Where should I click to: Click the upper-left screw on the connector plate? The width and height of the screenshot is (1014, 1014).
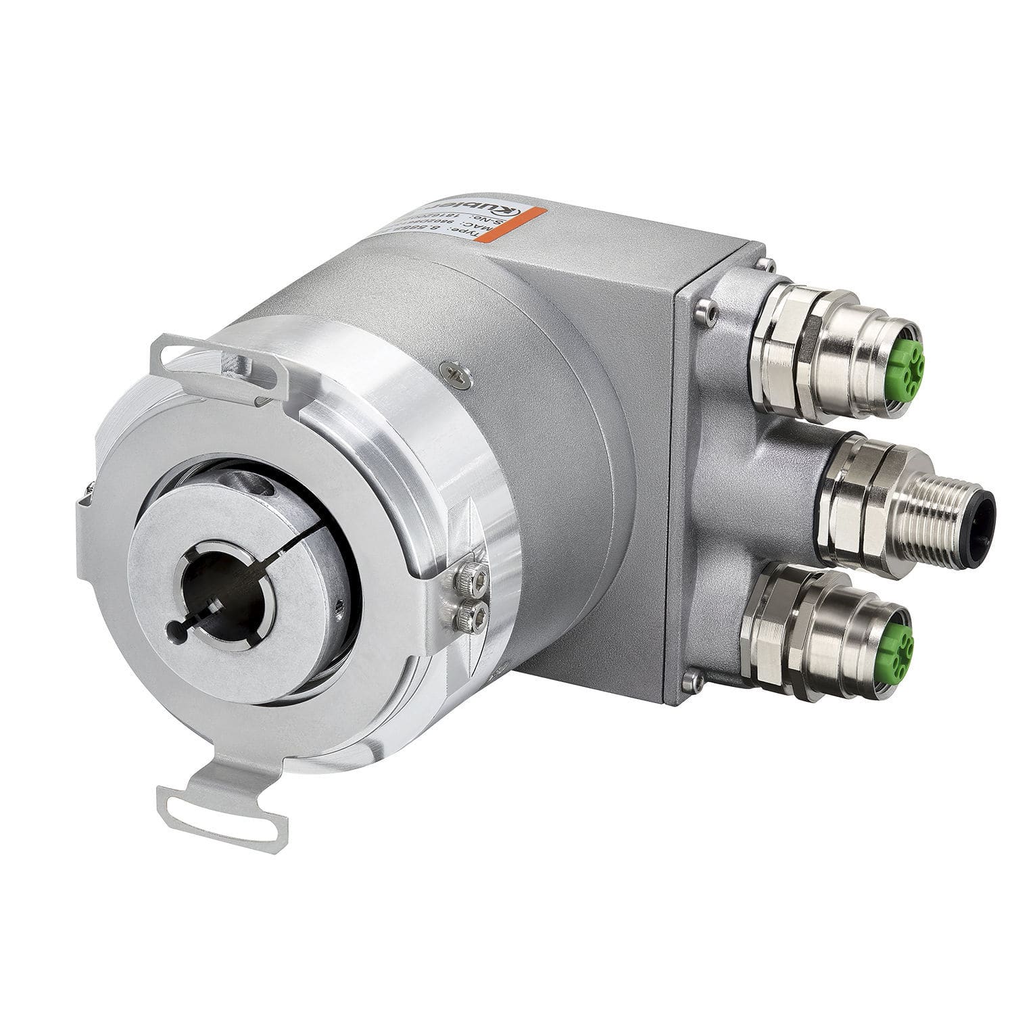point(705,310)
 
